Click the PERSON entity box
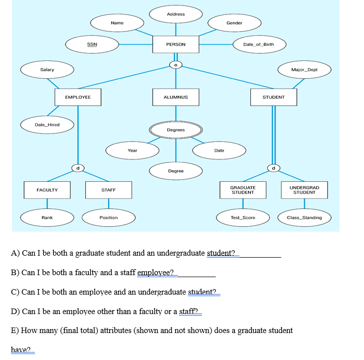176,44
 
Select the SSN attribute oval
92,44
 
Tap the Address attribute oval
176,14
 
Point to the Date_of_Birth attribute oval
258,44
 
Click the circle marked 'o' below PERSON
176,64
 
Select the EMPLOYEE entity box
78,97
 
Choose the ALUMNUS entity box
176,97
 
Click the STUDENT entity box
273,97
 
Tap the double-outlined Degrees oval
176,130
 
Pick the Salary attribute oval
47,69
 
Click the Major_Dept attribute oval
304,69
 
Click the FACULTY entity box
47,190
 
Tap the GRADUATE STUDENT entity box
243,190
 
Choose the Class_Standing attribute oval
304,217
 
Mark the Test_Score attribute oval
243,217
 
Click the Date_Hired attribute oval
47,124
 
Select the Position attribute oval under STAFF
109,217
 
